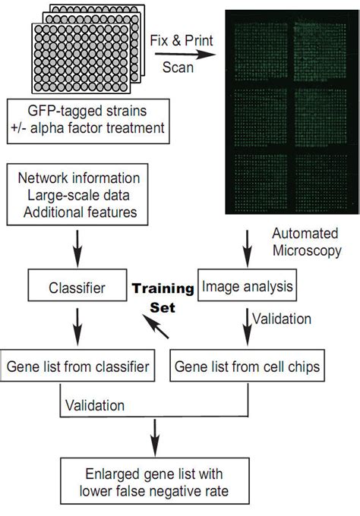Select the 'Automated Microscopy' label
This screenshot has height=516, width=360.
(305, 242)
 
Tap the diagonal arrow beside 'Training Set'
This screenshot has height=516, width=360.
(158, 328)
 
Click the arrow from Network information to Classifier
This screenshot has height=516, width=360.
(77, 245)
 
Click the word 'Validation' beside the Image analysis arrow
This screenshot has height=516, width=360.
(281, 319)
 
